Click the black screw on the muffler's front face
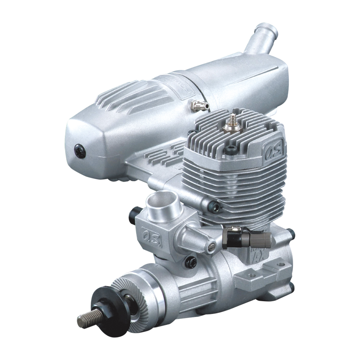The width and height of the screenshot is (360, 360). (x=80, y=151)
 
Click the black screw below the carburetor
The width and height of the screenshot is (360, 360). (x=191, y=262)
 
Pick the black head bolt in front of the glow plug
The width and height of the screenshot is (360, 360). (x=230, y=150)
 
